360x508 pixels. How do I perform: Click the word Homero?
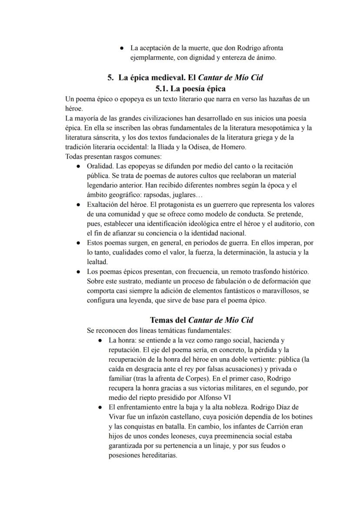(x=233, y=147)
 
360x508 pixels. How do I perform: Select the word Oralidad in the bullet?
(x=100, y=166)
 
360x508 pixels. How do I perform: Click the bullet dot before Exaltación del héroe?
(x=78, y=204)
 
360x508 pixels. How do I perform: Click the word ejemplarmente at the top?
(x=150, y=57)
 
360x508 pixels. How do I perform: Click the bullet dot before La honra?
(x=100, y=340)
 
